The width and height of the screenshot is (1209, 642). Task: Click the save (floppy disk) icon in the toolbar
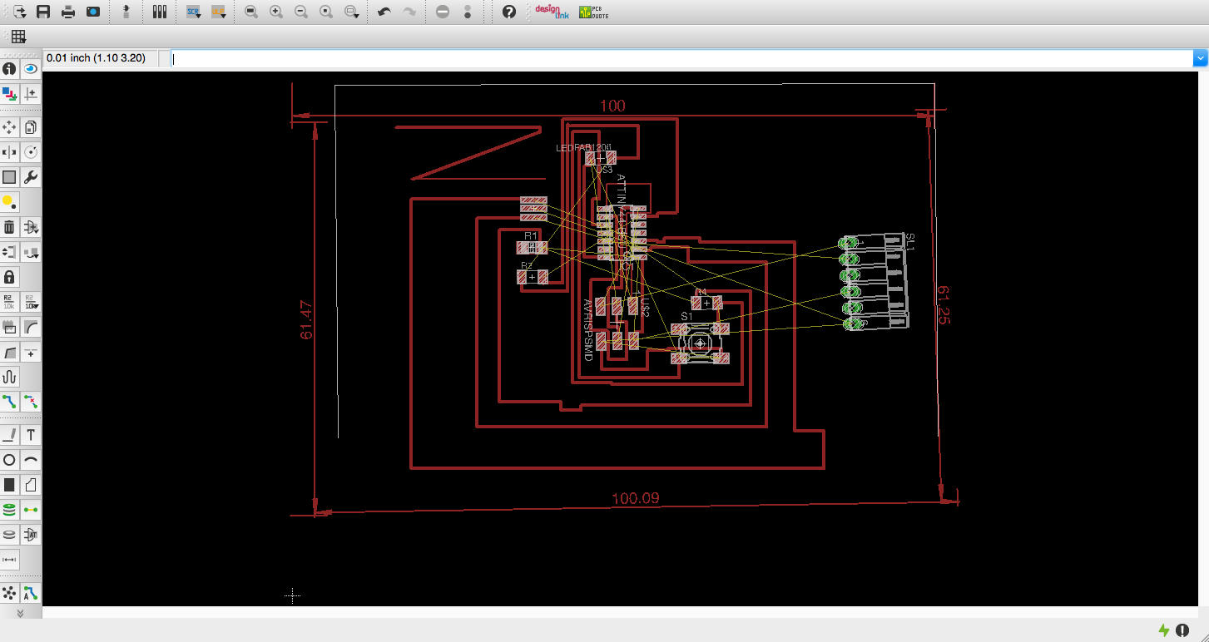(x=43, y=12)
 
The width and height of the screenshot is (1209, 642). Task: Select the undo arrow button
(x=384, y=12)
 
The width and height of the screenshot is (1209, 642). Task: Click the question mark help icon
(x=509, y=12)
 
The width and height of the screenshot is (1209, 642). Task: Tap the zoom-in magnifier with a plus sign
(x=276, y=12)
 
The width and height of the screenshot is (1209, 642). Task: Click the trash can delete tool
(x=9, y=227)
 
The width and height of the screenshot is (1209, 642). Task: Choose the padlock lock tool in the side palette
(x=9, y=277)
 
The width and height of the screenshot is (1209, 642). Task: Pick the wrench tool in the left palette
(x=31, y=177)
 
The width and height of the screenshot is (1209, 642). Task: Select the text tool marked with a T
(x=31, y=435)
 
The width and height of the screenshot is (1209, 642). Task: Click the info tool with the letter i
(x=9, y=69)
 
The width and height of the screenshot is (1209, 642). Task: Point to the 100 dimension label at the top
(x=612, y=106)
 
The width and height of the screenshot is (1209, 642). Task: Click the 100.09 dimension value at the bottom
(x=635, y=499)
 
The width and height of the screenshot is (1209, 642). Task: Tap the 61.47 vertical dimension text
(x=306, y=320)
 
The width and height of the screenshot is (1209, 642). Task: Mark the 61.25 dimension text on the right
(x=943, y=304)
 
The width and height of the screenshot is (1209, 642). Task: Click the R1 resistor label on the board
(x=531, y=236)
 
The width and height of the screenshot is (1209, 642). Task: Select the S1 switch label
(x=686, y=316)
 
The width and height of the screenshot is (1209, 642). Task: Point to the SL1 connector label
(x=910, y=242)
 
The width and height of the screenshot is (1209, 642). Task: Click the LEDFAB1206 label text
(x=583, y=148)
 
